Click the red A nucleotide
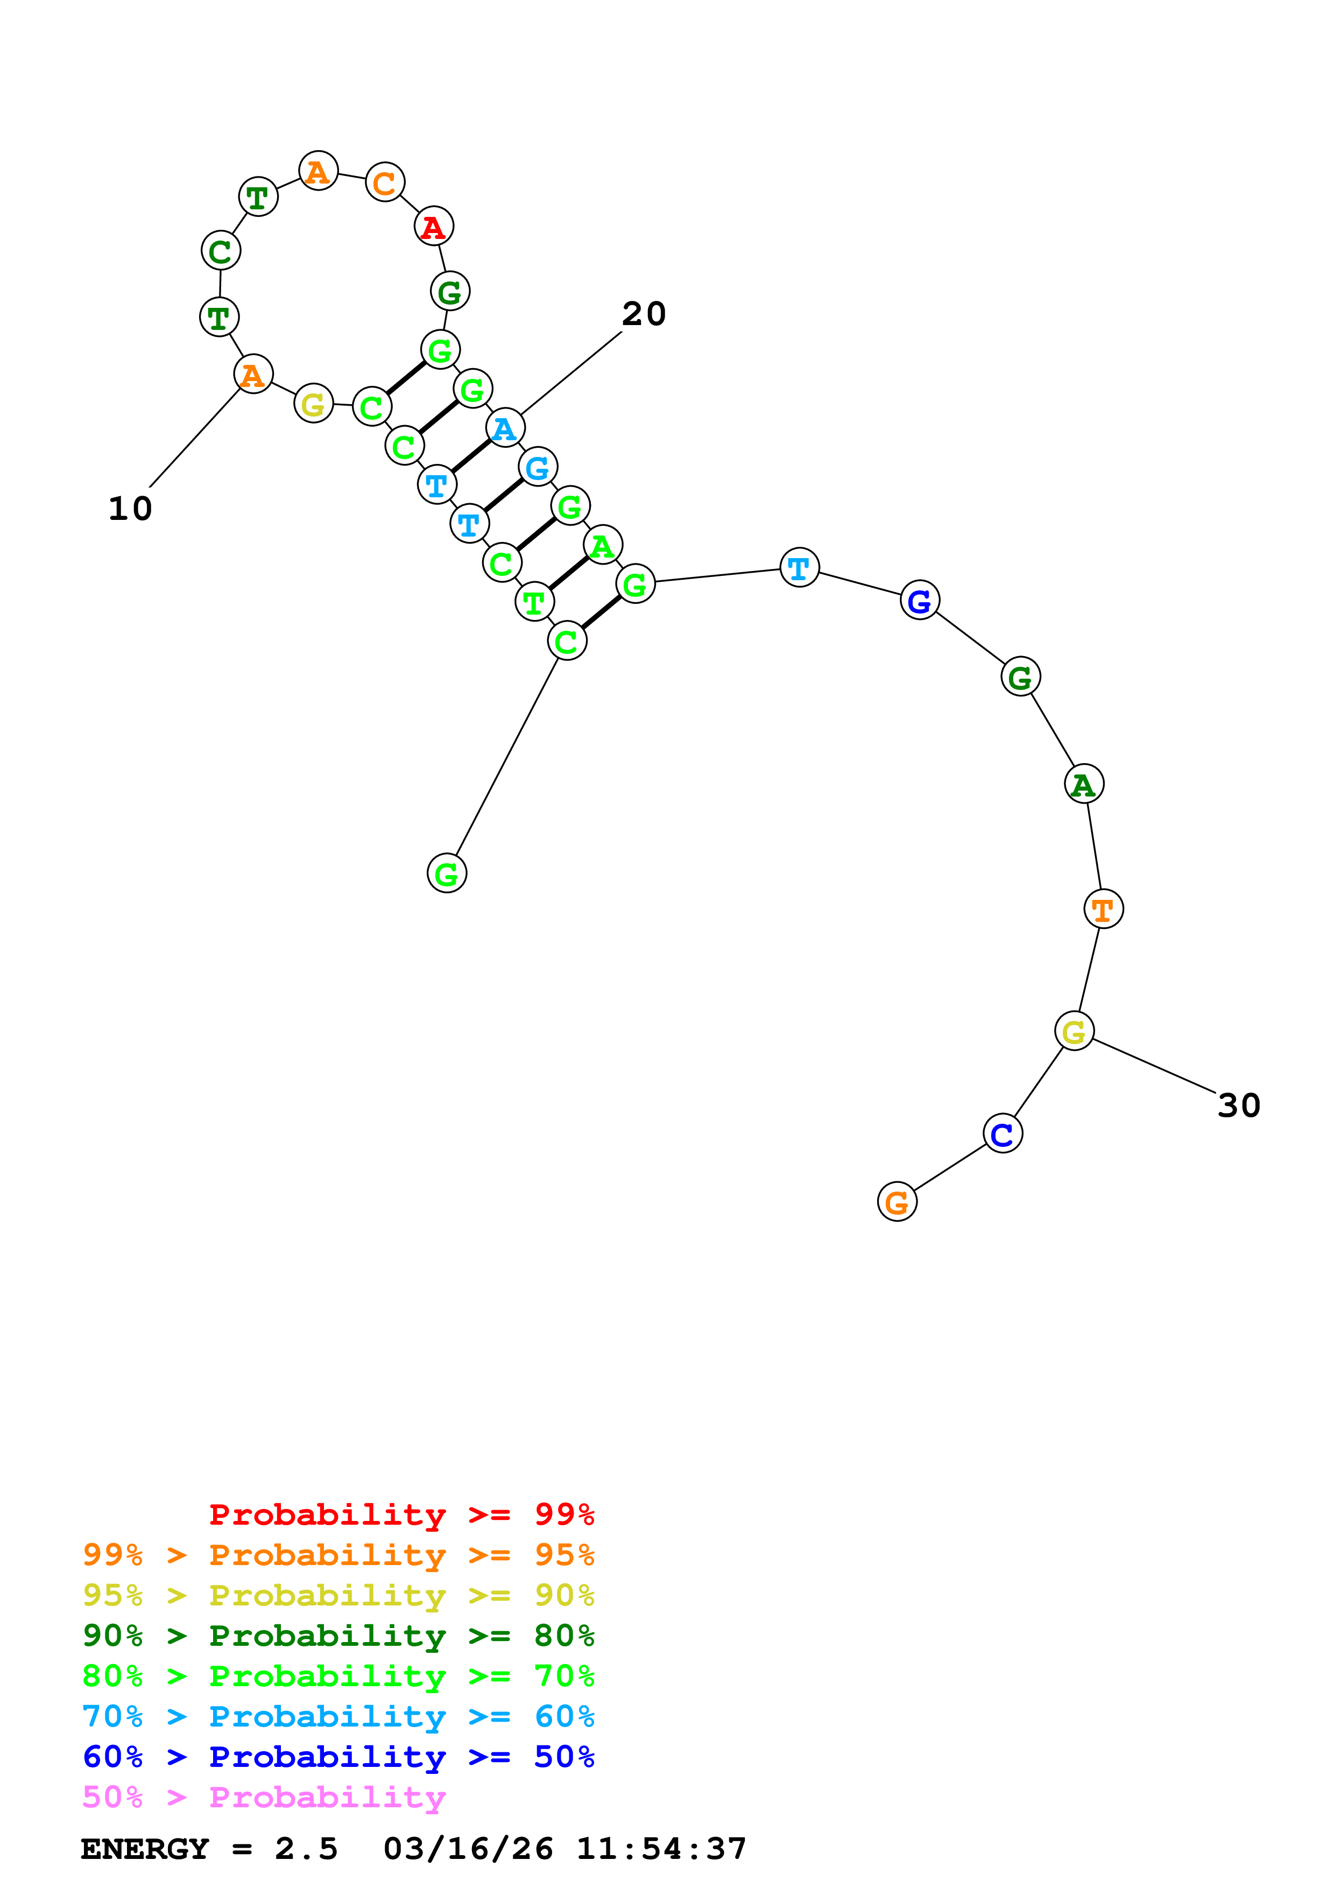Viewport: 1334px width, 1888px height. click(433, 227)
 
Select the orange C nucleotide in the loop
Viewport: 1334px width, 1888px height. click(385, 182)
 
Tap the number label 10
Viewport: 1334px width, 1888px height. click(130, 509)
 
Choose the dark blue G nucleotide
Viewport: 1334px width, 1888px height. click(919, 600)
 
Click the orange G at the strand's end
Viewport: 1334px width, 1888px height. click(897, 1202)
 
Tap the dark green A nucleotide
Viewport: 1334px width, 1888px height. click(1083, 785)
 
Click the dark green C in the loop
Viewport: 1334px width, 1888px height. click(220, 251)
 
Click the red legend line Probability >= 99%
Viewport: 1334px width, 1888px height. click(401, 1514)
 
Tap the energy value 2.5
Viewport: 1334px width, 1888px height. click(306, 1849)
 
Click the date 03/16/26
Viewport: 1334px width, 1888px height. click(468, 1849)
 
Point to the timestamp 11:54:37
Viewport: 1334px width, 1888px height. click(661, 1849)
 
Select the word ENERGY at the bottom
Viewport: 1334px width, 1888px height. click(145, 1849)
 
